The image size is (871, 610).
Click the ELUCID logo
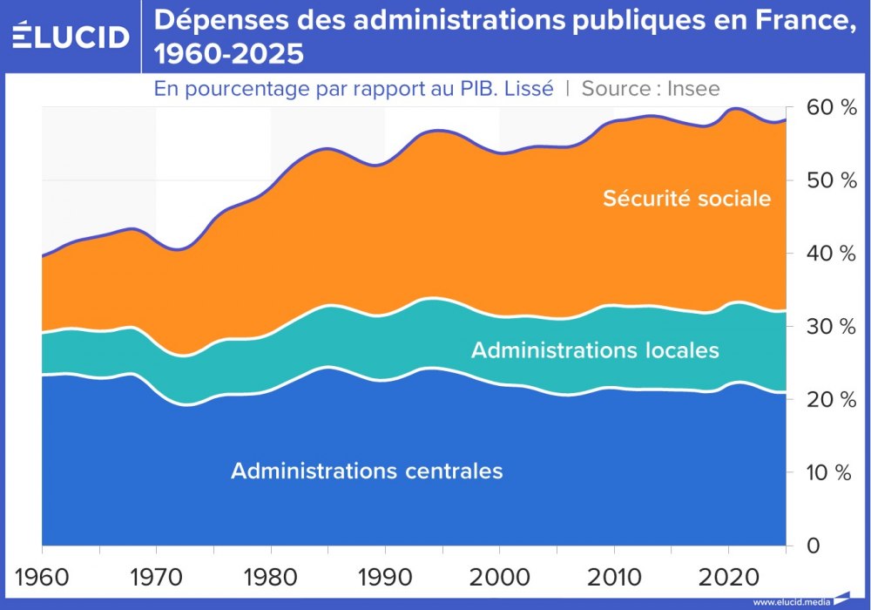(x=71, y=37)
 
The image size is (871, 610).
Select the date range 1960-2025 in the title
(x=229, y=55)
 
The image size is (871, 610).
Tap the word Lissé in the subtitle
(x=527, y=89)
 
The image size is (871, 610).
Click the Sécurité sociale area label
(x=687, y=199)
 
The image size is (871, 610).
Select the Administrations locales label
(x=595, y=350)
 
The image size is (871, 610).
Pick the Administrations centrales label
(x=367, y=471)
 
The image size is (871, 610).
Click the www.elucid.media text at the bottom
(x=790, y=601)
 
